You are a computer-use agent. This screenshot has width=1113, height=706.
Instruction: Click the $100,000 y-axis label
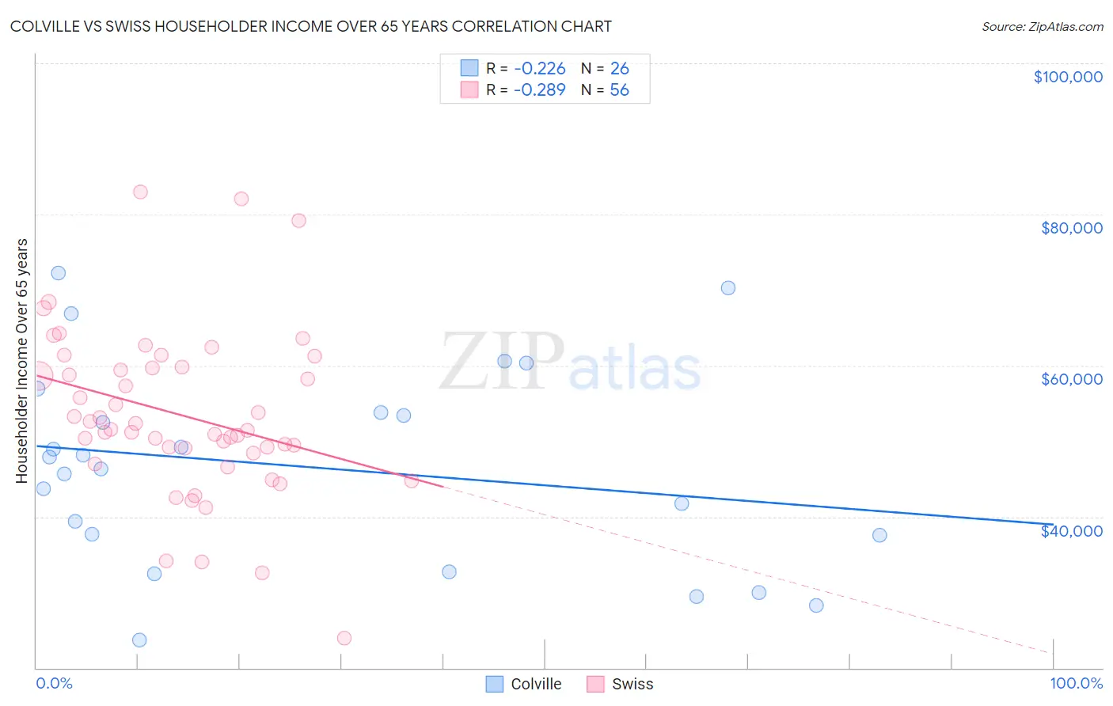[x=1067, y=77]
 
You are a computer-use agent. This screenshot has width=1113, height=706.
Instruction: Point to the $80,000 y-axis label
[x=1071, y=228]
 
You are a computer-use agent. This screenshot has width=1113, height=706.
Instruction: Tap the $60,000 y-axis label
[x=1071, y=379]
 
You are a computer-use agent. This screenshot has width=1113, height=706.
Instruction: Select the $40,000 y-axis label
[x=1071, y=531]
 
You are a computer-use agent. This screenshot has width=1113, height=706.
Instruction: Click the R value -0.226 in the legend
[x=539, y=68]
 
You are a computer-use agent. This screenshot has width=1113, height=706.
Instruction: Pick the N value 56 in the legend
[x=619, y=90]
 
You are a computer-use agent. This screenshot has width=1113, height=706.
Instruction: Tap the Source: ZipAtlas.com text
[x=1042, y=26]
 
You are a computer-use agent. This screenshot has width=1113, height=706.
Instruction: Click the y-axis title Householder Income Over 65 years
[x=21, y=360]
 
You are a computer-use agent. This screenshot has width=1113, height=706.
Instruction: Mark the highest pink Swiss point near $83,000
[x=140, y=192]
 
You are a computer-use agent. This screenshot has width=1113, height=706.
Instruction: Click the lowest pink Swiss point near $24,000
[x=344, y=638]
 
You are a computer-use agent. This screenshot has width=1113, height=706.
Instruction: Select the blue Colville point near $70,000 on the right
[x=728, y=288]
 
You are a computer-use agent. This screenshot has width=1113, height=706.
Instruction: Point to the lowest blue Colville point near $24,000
[x=139, y=640]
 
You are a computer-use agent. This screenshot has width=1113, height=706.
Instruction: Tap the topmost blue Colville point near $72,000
[x=58, y=273]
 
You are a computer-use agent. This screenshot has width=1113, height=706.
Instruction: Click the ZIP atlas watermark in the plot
[x=570, y=362]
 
